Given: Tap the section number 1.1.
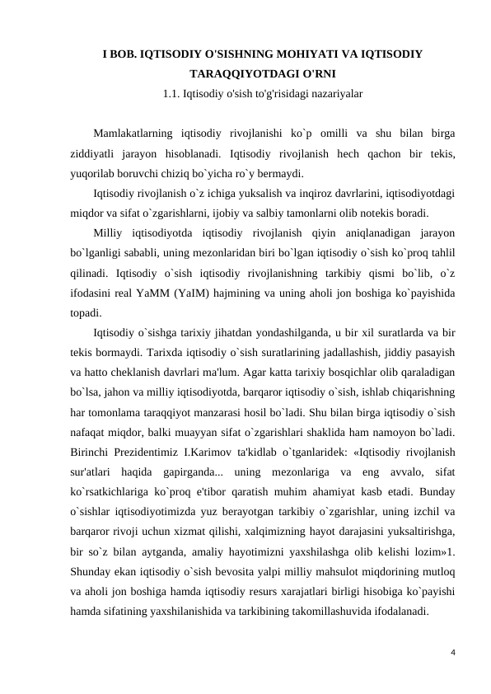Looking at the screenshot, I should pyautogui.click(x=173, y=93).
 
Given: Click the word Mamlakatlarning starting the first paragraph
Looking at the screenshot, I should pyautogui.click(x=133, y=132).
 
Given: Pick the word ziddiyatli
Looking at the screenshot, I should pyautogui.click(x=91, y=152).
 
